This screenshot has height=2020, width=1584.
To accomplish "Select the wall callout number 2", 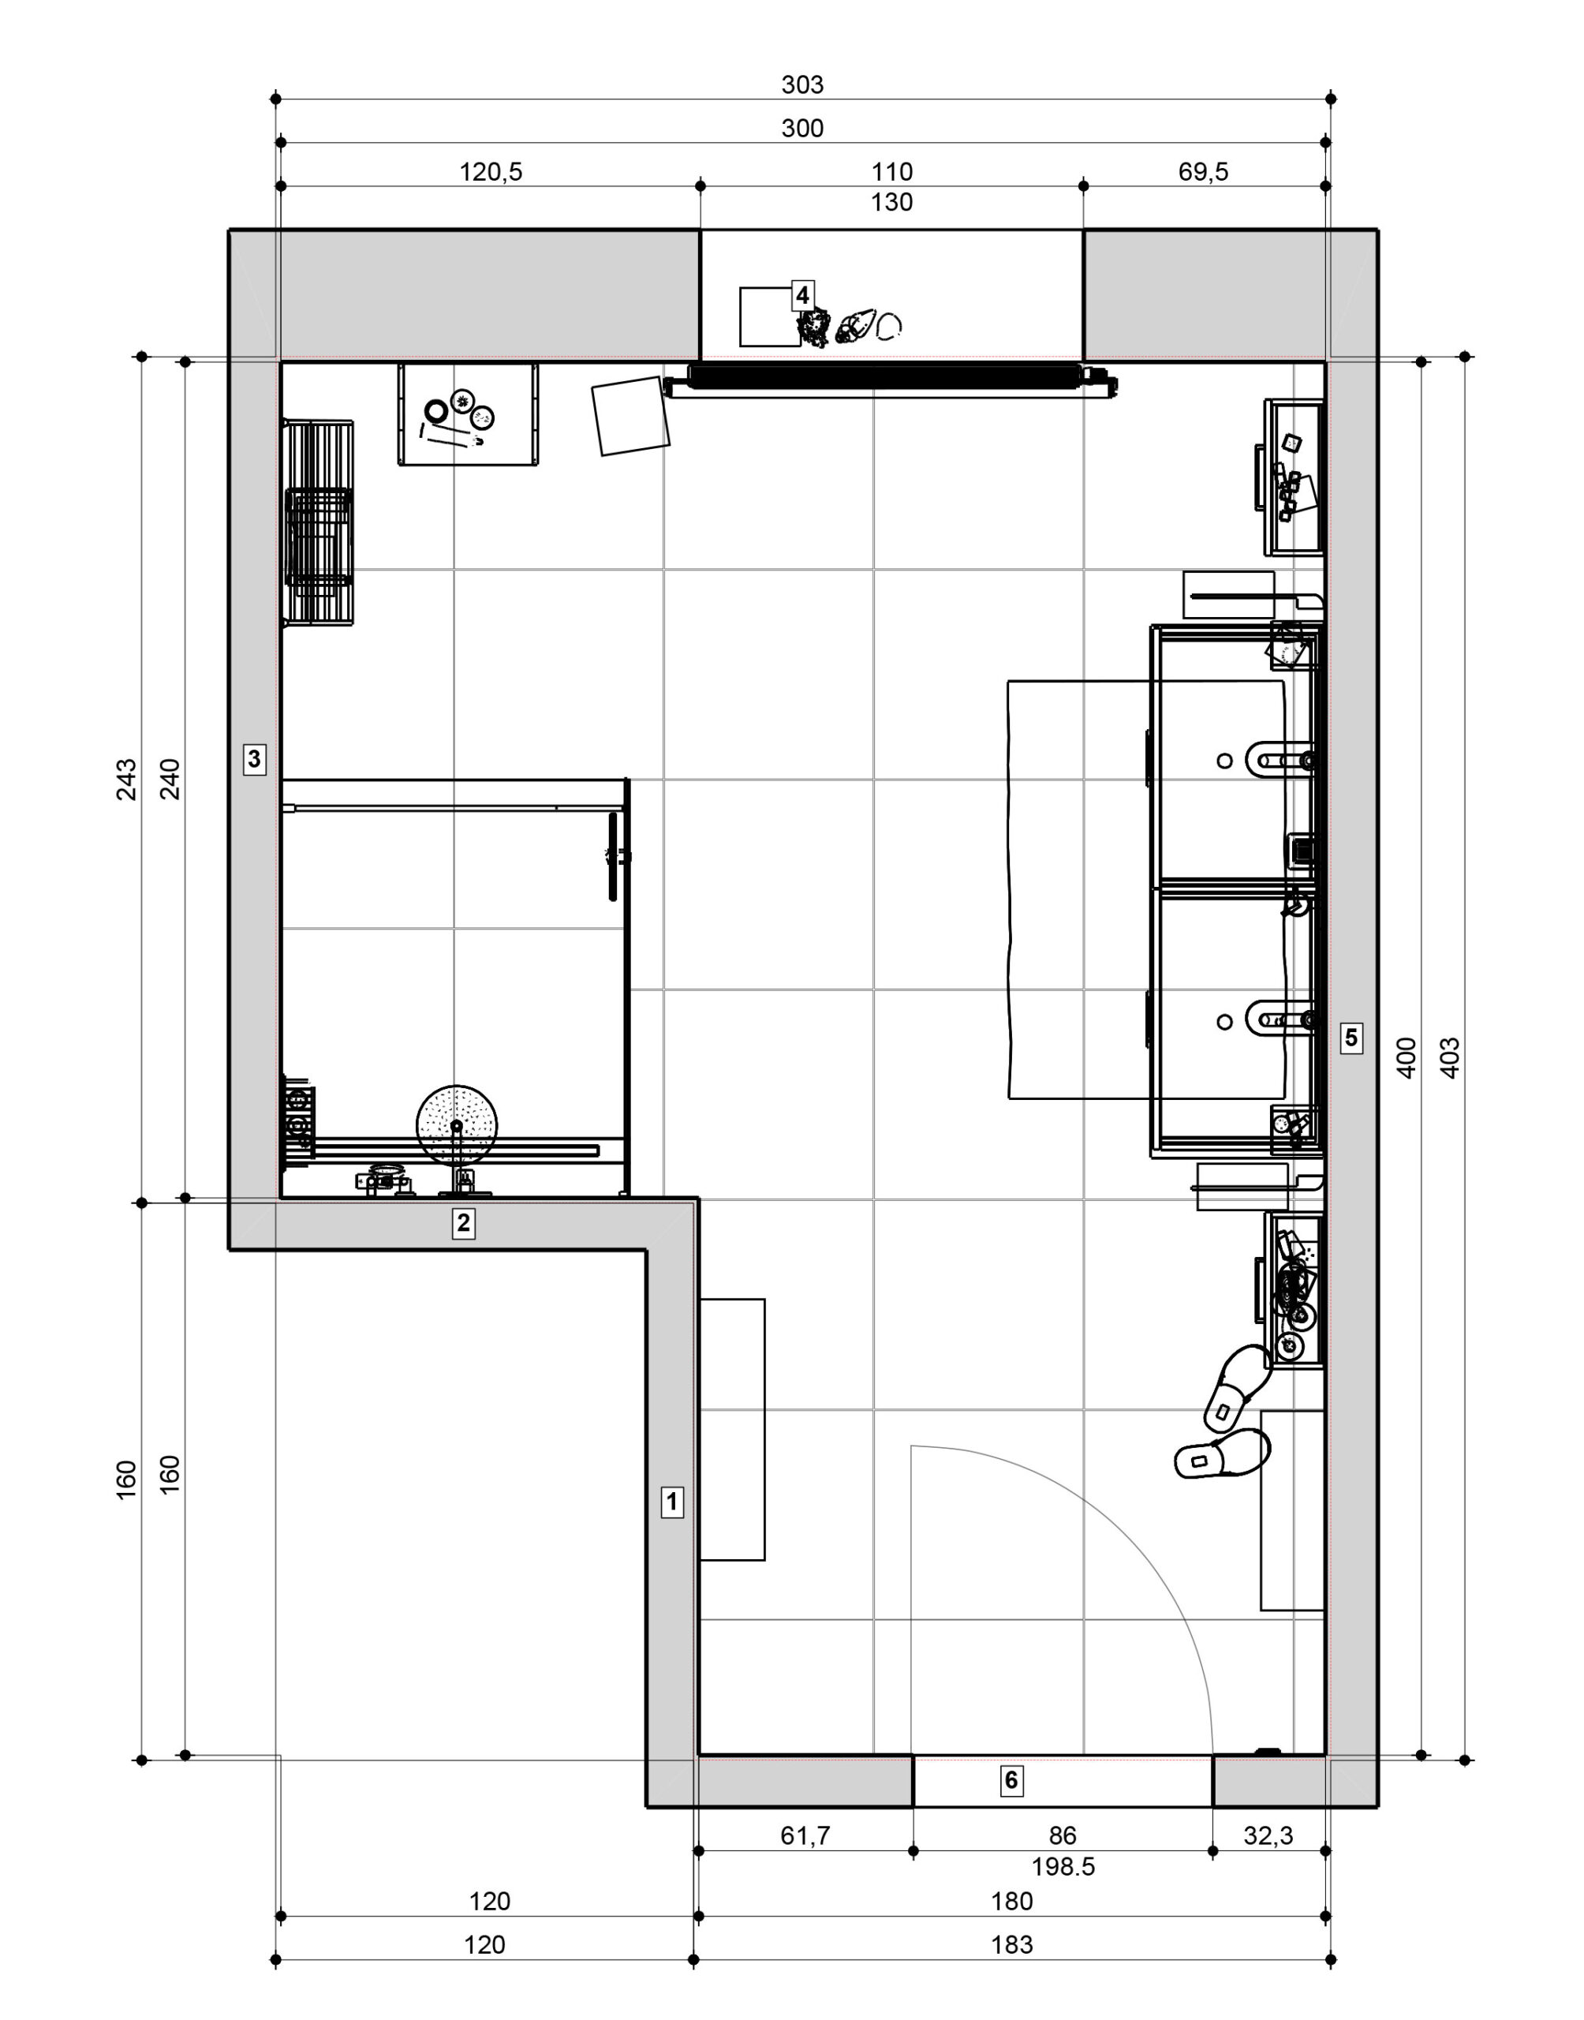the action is [463, 1223].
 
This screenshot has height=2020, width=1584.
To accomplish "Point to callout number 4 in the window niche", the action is [802, 296].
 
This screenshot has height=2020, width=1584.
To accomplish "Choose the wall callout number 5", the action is [1351, 1036].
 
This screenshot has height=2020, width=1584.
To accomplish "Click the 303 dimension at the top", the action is [802, 84].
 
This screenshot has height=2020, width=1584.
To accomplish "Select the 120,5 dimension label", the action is [491, 171].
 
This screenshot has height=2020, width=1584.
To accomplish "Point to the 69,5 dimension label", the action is [1203, 171].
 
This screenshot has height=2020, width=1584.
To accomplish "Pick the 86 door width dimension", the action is [1063, 1835].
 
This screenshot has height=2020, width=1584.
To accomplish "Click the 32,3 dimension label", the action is [1268, 1835].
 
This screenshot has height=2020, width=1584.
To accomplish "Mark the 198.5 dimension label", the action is [1063, 1866].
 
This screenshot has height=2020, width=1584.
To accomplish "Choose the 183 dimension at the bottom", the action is [1012, 1944].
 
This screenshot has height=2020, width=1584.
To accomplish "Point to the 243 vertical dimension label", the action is [127, 779].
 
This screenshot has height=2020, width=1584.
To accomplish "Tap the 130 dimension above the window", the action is [891, 202].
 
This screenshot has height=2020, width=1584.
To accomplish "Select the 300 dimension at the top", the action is [802, 128].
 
